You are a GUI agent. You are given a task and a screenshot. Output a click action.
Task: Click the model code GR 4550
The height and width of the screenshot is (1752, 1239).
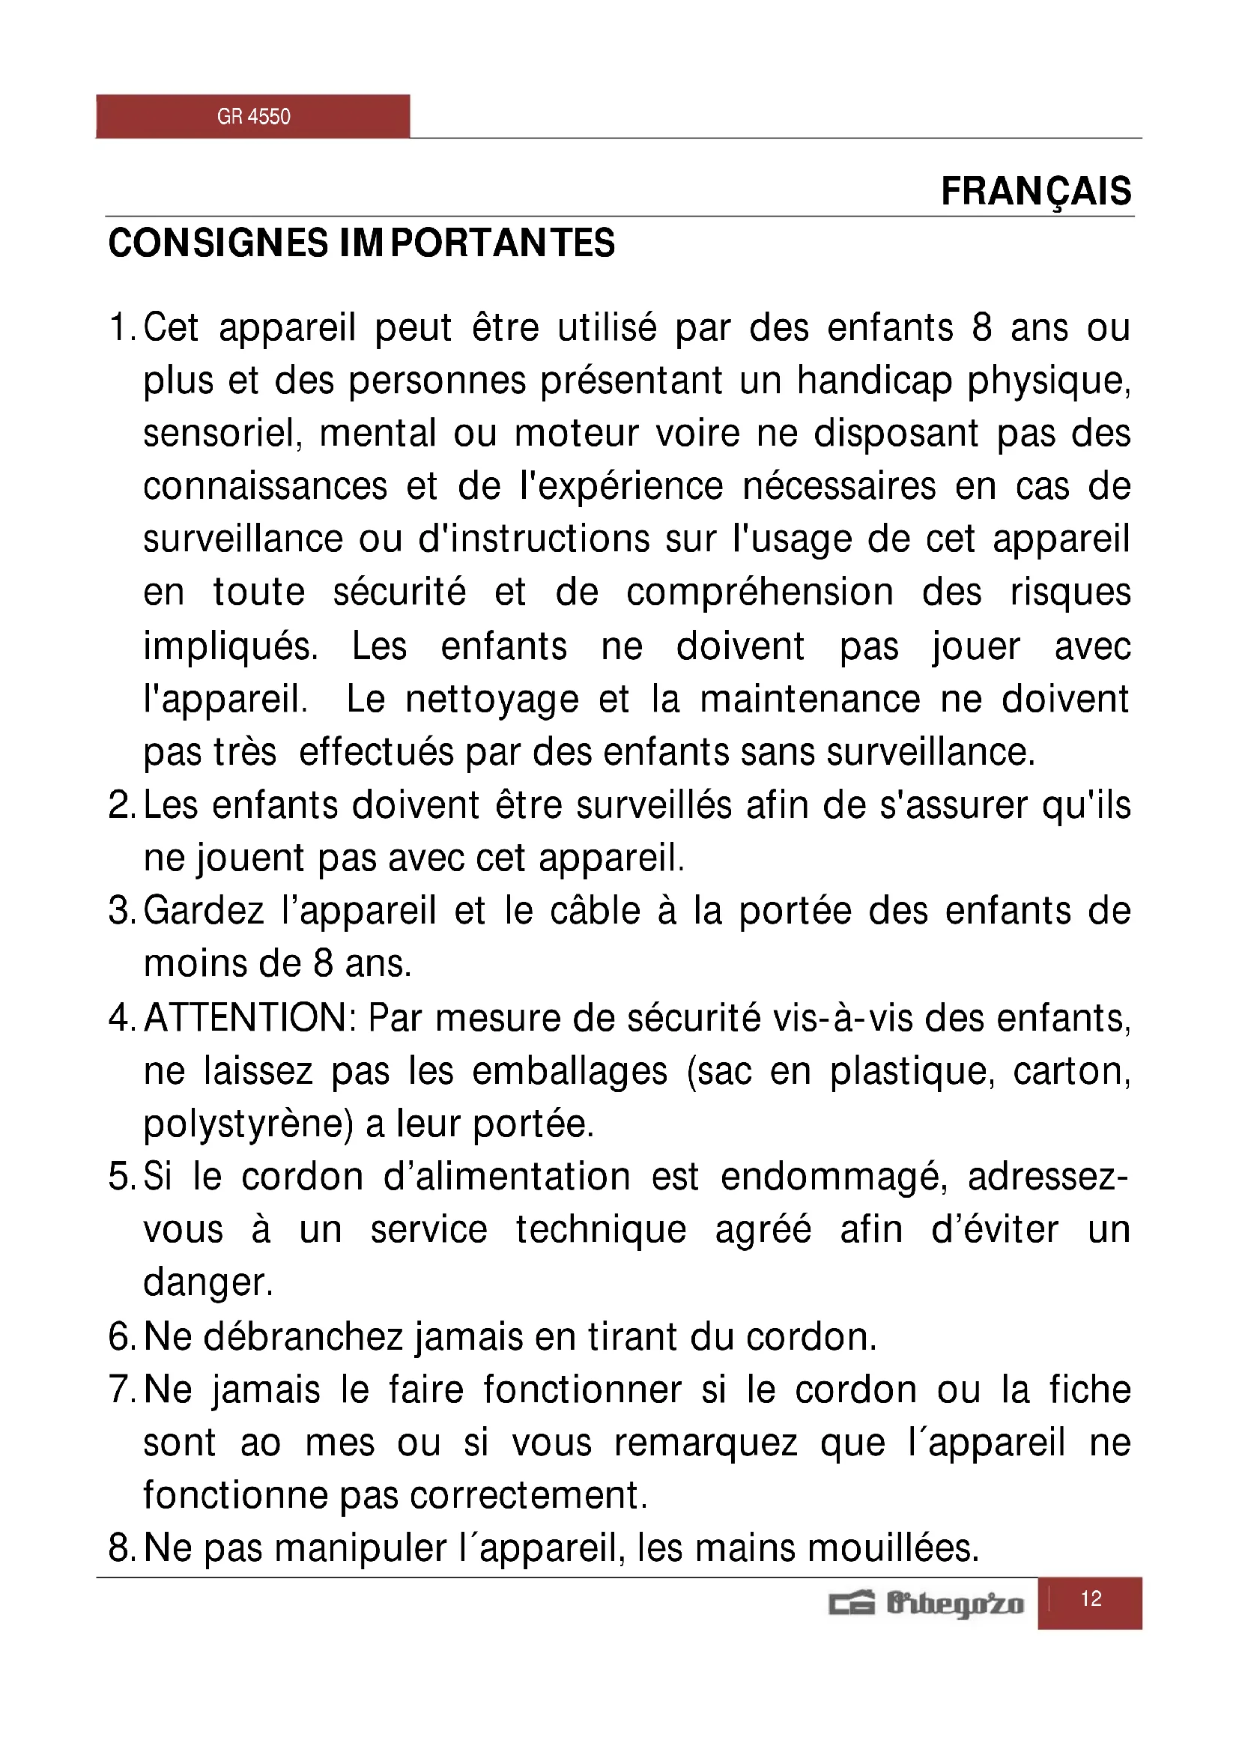[x=253, y=117]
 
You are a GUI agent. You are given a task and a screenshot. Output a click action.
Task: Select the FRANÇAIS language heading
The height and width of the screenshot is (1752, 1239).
[x=1035, y=191]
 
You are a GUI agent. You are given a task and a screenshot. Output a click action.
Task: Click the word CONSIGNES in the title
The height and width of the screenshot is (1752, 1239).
[x=218, y=243]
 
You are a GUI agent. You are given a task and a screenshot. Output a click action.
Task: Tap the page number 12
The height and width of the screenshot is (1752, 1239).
[x=1090, y=1598]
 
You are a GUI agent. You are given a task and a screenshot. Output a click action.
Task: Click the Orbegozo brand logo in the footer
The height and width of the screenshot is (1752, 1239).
[x=926, y=1603]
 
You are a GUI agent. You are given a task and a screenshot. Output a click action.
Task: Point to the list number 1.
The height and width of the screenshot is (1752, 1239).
[x=120, y=328]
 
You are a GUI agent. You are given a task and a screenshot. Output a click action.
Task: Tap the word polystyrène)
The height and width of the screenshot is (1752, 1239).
[x=249, y=1125]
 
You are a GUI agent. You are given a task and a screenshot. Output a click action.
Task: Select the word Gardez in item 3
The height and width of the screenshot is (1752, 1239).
[x=204, y=911]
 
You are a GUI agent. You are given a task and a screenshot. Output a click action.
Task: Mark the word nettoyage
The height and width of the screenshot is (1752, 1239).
[x=492, y=700]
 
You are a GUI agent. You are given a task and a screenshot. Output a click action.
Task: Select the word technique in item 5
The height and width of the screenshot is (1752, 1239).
[x=602, y=1230]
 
